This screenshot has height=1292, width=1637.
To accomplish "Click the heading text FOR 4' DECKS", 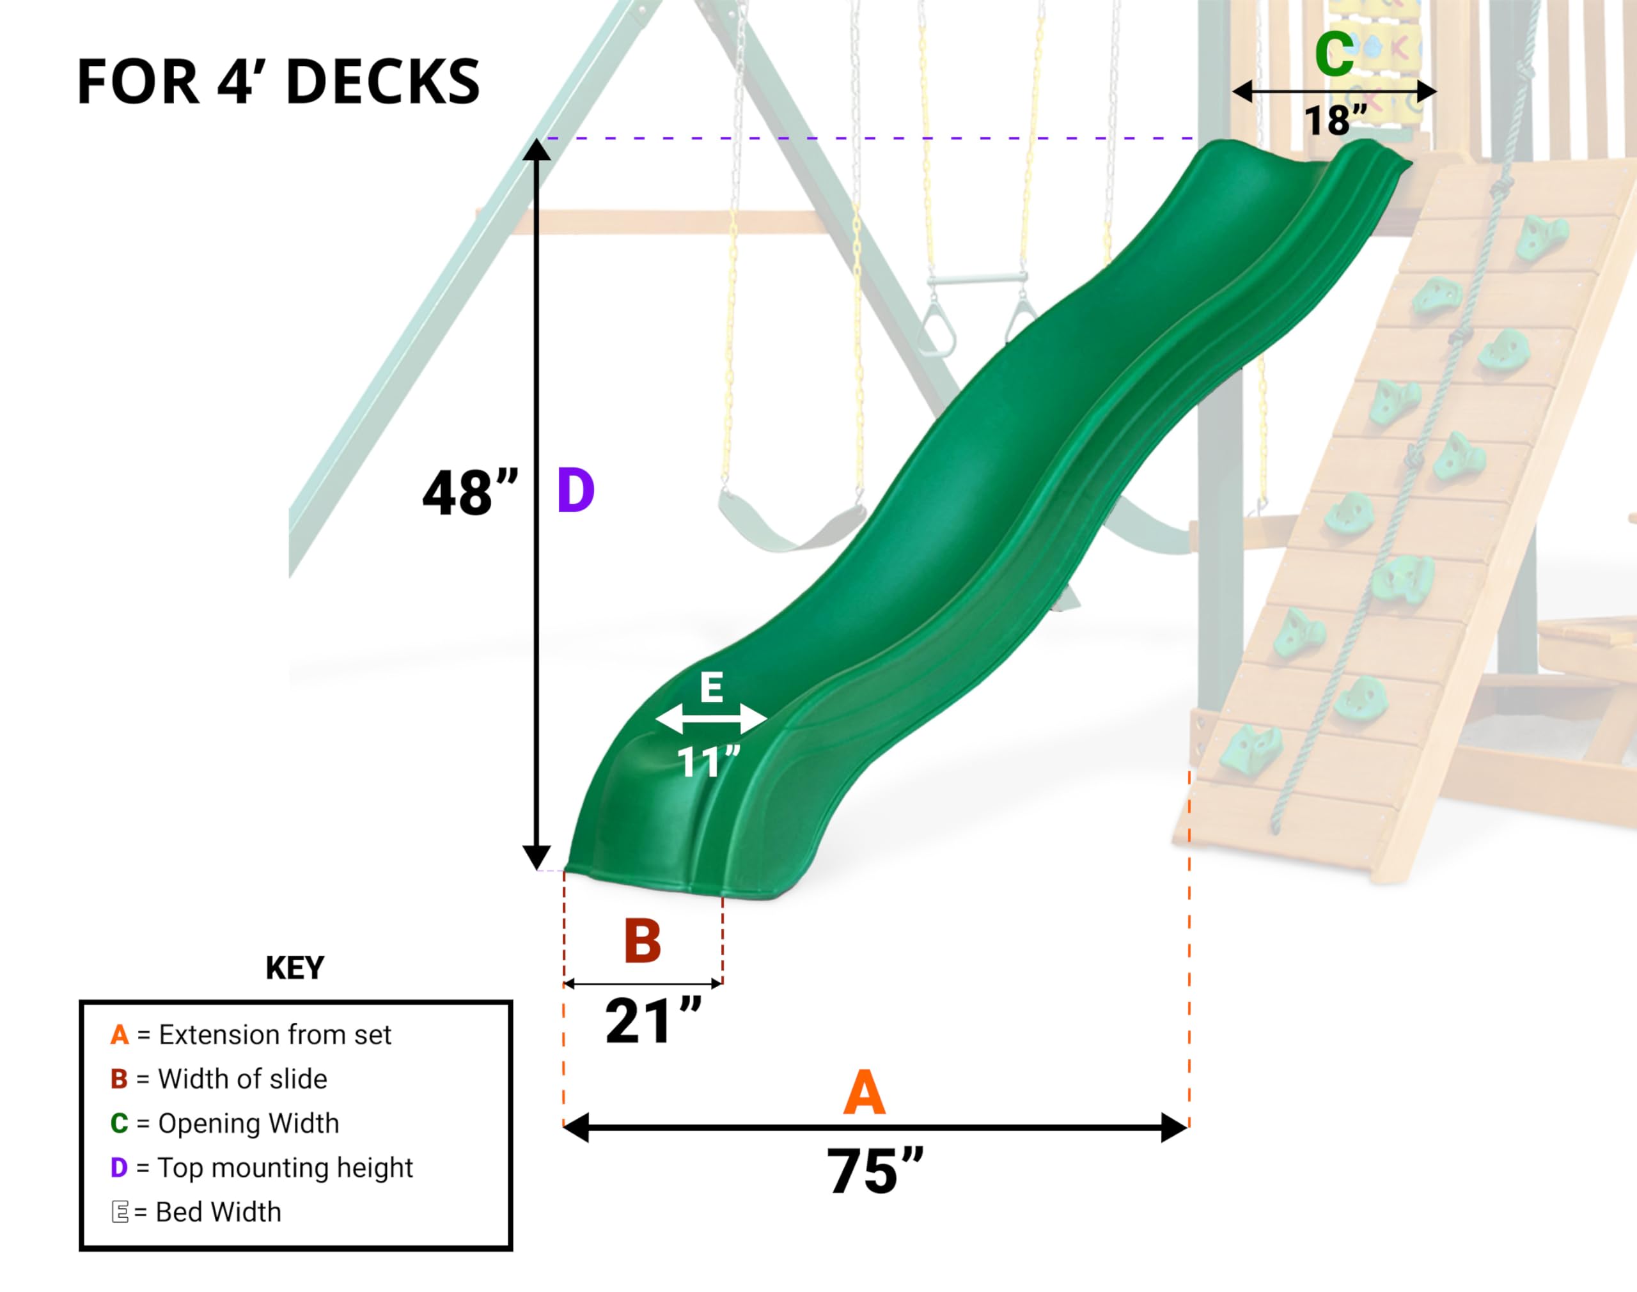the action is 278,82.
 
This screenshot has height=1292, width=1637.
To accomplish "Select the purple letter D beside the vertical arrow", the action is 576,492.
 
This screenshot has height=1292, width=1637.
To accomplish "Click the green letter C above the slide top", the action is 1334,54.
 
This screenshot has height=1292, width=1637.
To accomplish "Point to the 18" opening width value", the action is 1335,120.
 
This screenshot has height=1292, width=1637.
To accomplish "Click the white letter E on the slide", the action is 711,689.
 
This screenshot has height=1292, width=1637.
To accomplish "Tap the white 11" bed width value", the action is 708,762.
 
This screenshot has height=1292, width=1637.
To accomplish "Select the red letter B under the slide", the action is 642,942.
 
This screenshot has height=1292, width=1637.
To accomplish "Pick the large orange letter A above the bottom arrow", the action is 864,1093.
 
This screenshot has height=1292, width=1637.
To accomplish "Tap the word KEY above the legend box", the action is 294,969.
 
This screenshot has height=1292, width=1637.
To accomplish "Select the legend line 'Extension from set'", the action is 251,1035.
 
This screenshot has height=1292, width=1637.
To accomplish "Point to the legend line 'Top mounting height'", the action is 262,1168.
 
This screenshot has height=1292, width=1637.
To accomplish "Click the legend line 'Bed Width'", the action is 197,1212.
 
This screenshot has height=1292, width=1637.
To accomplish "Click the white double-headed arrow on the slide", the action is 711,719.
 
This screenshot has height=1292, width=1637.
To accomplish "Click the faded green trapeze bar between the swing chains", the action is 977,279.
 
